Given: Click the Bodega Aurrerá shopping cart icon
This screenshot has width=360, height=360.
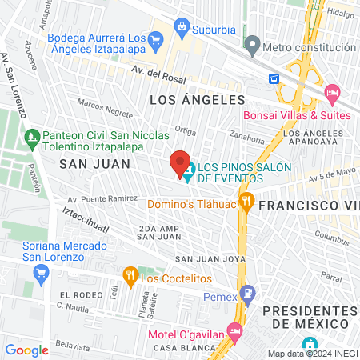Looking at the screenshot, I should pyautogui.click(x=157, y=38).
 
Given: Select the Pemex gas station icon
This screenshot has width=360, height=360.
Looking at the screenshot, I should pyautogui.click(x=248, y=294).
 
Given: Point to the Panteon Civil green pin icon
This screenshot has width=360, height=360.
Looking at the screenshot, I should pyautogui.click(x=32, y=135).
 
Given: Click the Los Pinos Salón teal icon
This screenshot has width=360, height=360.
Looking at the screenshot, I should pyautogui.click(x=190, y=170).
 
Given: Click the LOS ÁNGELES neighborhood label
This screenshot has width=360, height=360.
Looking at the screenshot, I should pyautogui.click(x=196, y=100).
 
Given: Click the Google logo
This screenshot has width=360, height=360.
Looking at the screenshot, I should pyautogui.click(x=26, y=350).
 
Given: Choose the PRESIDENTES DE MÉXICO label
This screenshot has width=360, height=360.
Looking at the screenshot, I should pyautogui.click(x=307, y=316).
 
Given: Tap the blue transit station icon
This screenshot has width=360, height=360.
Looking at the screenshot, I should pyautogui.click(x=274, y=78).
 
